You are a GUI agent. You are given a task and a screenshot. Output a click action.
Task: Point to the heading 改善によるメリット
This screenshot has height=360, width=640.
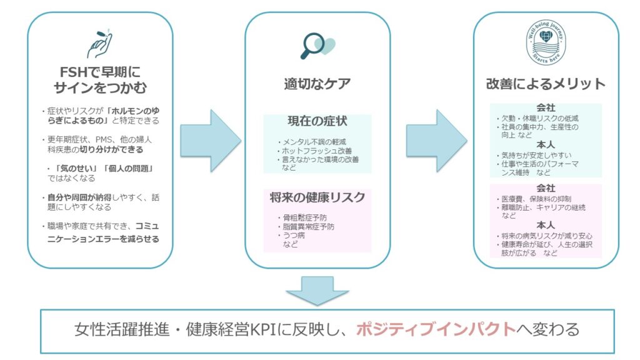point(546,83)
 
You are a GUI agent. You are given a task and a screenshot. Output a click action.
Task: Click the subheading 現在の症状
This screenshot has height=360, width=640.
point(317,120)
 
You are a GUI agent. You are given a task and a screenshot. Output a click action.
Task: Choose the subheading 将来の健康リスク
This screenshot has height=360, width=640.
point(317,197)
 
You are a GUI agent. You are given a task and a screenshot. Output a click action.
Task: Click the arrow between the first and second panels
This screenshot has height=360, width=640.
point(210,141)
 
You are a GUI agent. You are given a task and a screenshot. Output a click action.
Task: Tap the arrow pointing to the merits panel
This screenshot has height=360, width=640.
point(437,141)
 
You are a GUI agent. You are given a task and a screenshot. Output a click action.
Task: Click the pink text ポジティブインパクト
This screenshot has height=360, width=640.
point(436,329)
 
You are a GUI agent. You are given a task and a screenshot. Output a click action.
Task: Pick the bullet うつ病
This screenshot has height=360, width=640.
point(295,236)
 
